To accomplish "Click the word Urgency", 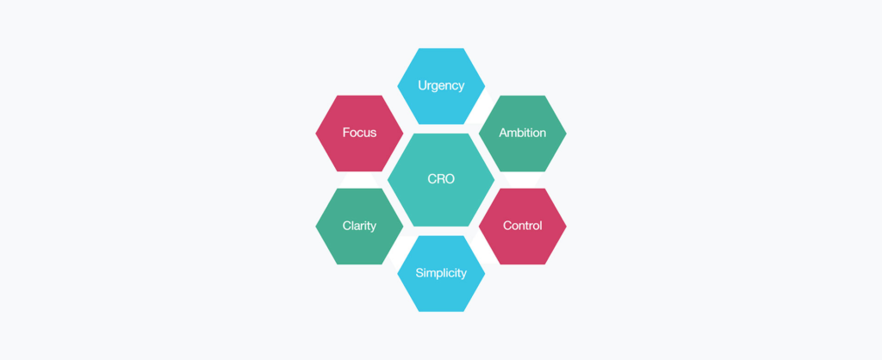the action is (441, 86).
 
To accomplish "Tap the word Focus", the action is (359, 133).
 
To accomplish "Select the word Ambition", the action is (523, 133).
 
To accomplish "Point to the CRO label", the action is (441, 179).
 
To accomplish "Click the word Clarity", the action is (359, 227).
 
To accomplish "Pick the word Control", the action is (523, 227).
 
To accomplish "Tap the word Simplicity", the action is (441, 273).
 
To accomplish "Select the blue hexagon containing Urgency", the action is (441, 86).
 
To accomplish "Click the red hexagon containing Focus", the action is (359, 133).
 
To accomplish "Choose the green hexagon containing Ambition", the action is (523, 133).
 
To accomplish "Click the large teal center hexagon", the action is (441, 180).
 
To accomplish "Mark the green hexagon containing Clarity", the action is (359, 227).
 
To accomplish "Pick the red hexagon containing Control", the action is (523, 227).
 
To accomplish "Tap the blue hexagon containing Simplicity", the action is (441, 273).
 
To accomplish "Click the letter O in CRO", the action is (450, 179).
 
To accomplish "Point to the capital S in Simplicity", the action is (419, 273).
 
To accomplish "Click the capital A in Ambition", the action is (503, 133).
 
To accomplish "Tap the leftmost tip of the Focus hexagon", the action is (315, 133).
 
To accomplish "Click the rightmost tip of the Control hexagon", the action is (567, 227).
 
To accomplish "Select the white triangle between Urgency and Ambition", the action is (482, 110).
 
